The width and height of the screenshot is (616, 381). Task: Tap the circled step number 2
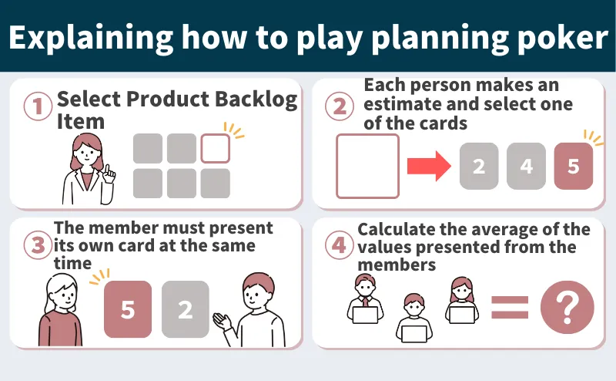point(340,106)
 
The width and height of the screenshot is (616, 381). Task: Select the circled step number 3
point(36,244)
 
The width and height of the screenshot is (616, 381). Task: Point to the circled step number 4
point(339,244)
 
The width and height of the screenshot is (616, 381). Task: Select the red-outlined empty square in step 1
point(216,148)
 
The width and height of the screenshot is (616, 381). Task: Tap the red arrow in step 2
point(428,166)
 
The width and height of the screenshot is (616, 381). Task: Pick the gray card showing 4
point(526,166)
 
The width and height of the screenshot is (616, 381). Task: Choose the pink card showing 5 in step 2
point(574,166)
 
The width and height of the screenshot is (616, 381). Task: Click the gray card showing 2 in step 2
point(478,166)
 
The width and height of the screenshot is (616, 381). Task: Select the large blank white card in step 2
point(367,166)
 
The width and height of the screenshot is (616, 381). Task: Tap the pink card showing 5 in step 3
point(128,309)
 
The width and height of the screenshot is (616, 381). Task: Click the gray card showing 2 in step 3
point(185,309)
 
